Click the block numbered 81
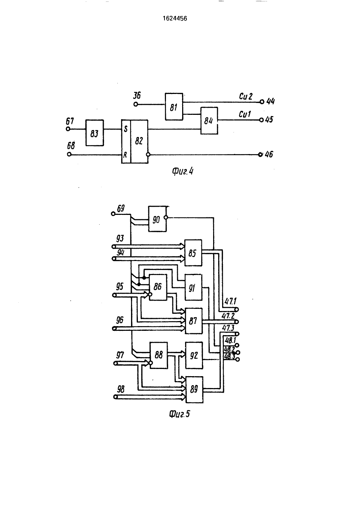coord(174,107)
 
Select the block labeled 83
coord(95,133)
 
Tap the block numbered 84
coord(209,121)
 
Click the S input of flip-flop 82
coord(126,129)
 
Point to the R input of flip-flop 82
coord(125,155)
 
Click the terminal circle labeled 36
coord(136,104)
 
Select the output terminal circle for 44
coord(262,102)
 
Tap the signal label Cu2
coord(246,96)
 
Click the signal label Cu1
coord(245,114)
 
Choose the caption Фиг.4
coord(183,171)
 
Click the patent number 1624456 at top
coord(175,18)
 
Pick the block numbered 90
coord(157,219)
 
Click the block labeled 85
coord(193,253)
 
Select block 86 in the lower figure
coord(158,287)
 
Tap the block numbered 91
coord(193,288)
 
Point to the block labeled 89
coord(194,390)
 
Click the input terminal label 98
coord(121,389)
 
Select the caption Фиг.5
coord(179,414)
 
